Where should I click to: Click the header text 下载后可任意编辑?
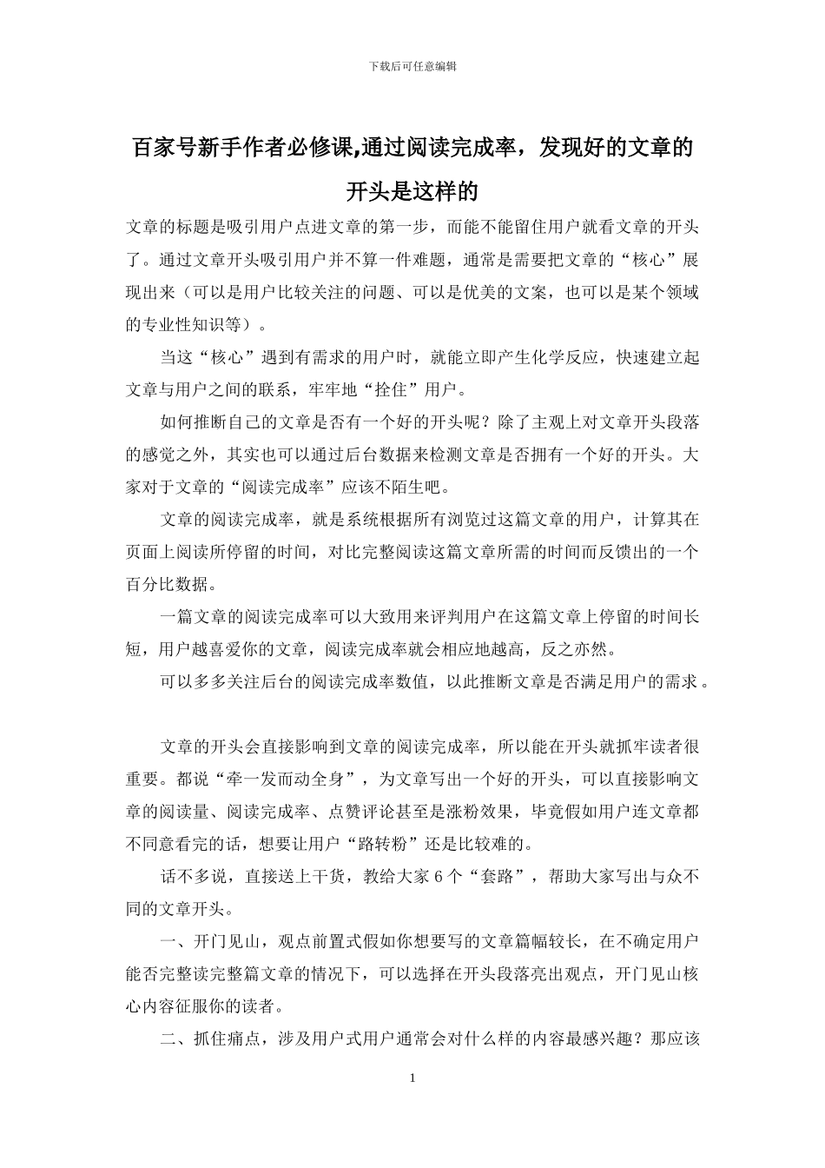pos(412,65)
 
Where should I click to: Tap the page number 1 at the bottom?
pos(412,1078)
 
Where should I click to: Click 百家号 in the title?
pos(164,149)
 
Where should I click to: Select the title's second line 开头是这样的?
pos(412,190)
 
